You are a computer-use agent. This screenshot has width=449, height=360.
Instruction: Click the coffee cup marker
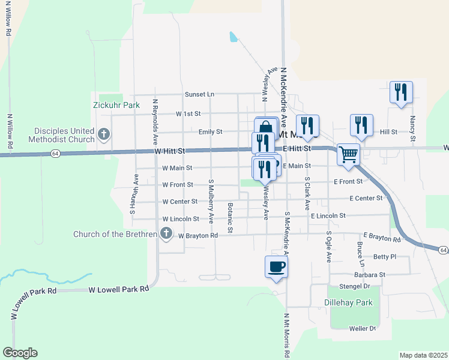click(276, 266)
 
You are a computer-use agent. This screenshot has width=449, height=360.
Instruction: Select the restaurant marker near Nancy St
click(400, 92)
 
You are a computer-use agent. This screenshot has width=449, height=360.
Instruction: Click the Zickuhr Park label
click(116, 105)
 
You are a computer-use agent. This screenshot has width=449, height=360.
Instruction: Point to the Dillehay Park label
click(349, 303)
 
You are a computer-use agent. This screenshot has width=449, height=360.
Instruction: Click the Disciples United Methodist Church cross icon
click(104, 134)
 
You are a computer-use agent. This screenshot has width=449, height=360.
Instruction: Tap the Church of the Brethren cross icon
click(167, 235)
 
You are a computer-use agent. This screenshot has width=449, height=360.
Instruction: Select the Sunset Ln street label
click(199, 94)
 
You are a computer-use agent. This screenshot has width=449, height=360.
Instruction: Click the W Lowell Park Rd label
click(118, 289)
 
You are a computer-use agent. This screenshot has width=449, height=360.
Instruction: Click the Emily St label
click(211, 132)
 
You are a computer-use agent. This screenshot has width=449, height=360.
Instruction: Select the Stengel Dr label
click(354, 287)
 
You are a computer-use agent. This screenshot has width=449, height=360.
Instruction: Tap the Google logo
click(20, 353)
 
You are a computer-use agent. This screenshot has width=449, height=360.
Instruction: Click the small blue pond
click(233, 37)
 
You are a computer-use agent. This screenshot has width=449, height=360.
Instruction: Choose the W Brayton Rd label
click(198, 236)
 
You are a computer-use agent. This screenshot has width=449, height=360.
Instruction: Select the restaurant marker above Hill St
click(362, 125)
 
